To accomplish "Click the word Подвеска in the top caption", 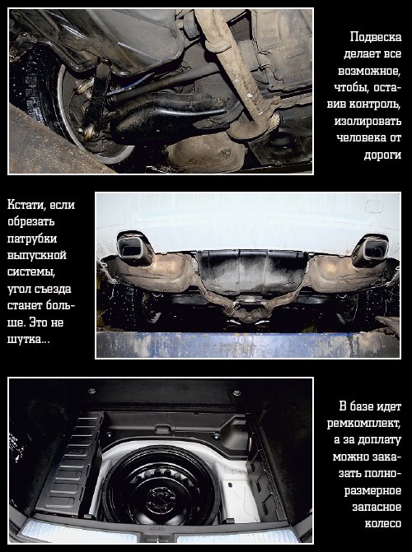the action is tap(376, 37).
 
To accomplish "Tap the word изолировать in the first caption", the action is tap(368, 121).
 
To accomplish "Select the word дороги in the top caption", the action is tap(382, 155).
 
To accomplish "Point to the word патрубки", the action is tap(32, 239).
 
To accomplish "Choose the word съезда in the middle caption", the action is tap(53, 290).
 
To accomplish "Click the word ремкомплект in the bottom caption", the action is tap(363, 423).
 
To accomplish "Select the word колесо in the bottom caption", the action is tap(383, 524).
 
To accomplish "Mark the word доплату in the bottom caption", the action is tap(379, 440).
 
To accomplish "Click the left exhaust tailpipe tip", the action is tap(134, 249).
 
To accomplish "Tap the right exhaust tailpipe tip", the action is tap(370, 251).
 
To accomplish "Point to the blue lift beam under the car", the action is tap(248, 345).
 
